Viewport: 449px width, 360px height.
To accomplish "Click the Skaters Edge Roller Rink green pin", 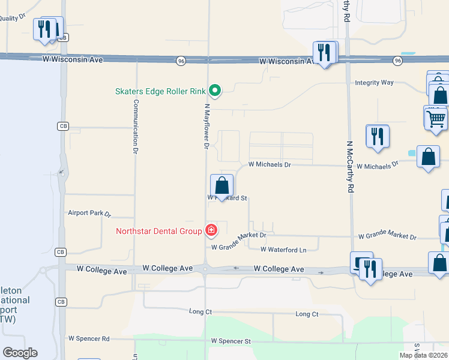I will tap(215, 91).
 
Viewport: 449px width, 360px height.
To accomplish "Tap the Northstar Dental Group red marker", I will tap(211, 230).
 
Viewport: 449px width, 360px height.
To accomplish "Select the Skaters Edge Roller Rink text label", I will tap(160, 92).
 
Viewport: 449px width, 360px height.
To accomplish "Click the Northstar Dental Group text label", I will tap(159, 231).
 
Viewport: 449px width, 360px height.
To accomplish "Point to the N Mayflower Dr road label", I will tap(206, 126).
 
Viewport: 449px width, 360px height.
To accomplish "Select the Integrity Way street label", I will tap(374, 82).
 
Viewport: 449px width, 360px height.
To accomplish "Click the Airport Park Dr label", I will tap(89, 213).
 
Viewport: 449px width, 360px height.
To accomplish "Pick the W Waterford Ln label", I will tap(283, 250).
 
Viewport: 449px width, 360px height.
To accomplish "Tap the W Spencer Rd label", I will tap(89, 338).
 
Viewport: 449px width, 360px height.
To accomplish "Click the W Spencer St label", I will tap(231, 341).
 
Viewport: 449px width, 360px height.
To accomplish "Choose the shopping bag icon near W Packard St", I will tap(221, 185).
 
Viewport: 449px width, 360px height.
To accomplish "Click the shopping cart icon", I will tap(436, 118).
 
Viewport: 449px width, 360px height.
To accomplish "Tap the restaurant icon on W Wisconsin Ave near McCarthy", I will tap(324, 52).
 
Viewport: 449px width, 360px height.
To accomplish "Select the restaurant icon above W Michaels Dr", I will tap(377, 136).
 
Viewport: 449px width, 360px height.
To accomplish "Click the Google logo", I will tap(20, 352).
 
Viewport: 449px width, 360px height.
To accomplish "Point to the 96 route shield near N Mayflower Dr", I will tap(181, 61).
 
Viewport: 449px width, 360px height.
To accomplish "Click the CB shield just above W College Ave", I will tap(61, 252).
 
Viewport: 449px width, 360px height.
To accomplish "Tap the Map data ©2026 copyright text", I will tap(423, 355).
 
